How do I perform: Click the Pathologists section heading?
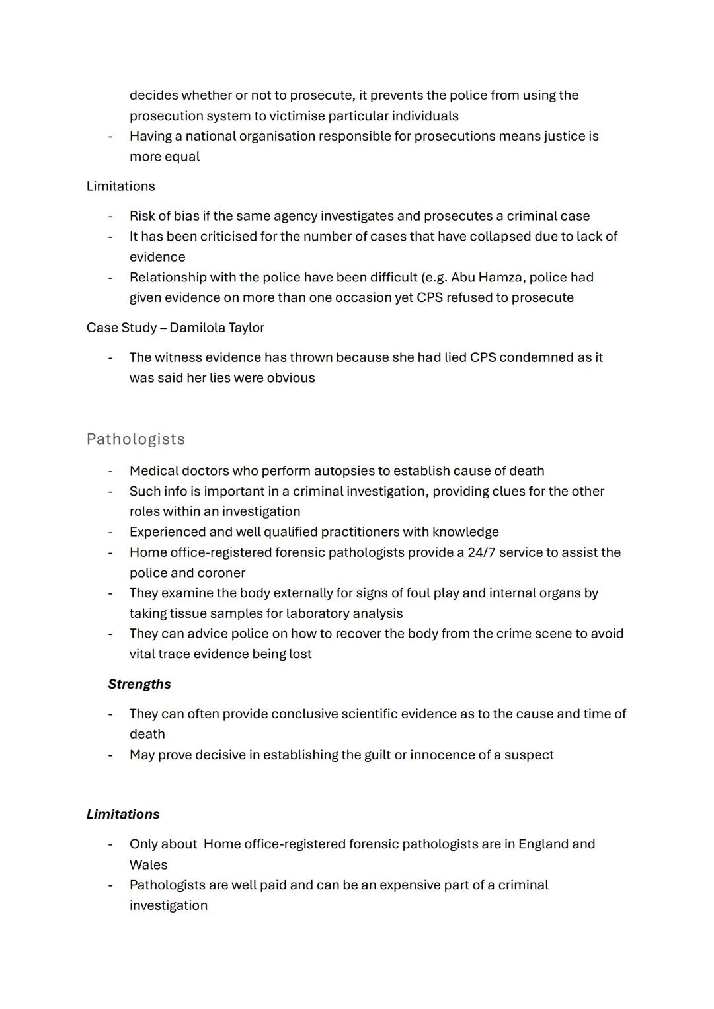tap(136, 439)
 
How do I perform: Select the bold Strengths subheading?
tap(139, 684)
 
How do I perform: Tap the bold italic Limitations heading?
tap(123, 814)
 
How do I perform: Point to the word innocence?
tap(446, 755)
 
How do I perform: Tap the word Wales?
tap(148, 865)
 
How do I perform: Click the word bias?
tap(186, 216)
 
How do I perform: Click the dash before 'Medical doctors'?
tap(110, 472)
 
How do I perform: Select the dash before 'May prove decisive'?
tap(110, 755)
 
